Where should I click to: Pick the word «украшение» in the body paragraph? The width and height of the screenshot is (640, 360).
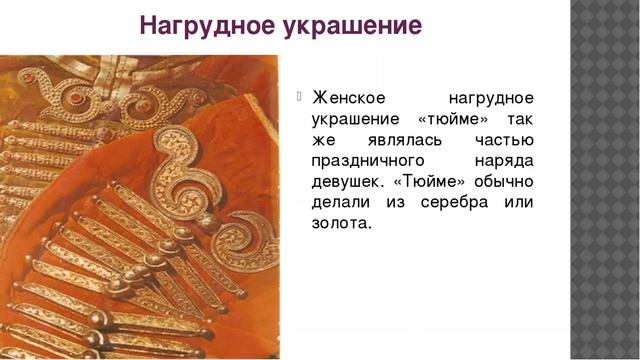(x=356, y=119)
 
